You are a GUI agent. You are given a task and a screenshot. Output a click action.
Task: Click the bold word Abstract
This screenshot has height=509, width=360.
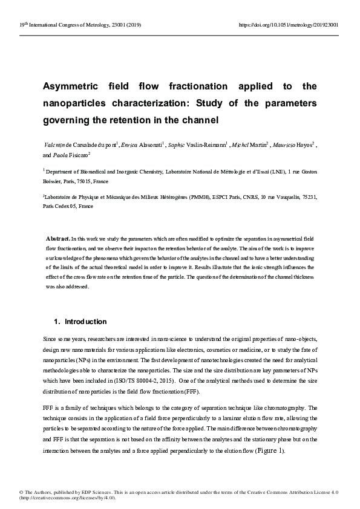coord(58,239)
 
